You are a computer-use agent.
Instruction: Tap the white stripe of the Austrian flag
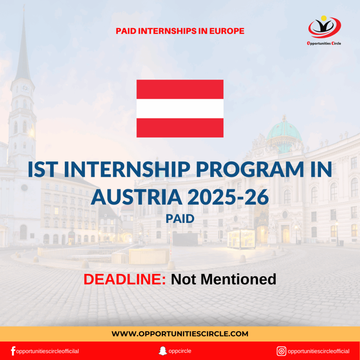coord(180,108)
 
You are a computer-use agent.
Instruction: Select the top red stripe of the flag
coord(180,89)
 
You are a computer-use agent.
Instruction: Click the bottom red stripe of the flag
coord(180,128)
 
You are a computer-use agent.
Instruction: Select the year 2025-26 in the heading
coord(228,197)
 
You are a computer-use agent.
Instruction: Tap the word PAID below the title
coord(180,219)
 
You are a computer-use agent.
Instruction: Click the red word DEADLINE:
coord(125,279)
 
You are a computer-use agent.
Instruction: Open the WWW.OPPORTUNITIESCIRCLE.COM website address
coord(180,334)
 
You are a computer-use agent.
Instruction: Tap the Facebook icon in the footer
coord(13,351)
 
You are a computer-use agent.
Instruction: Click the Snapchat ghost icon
coord(162,351)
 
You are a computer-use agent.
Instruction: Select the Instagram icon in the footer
coord(281,351)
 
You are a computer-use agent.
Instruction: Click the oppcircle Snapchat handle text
coord(180,351)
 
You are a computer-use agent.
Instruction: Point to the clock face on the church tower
coord(25,88)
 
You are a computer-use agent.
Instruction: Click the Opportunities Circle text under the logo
coord(324,44)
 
